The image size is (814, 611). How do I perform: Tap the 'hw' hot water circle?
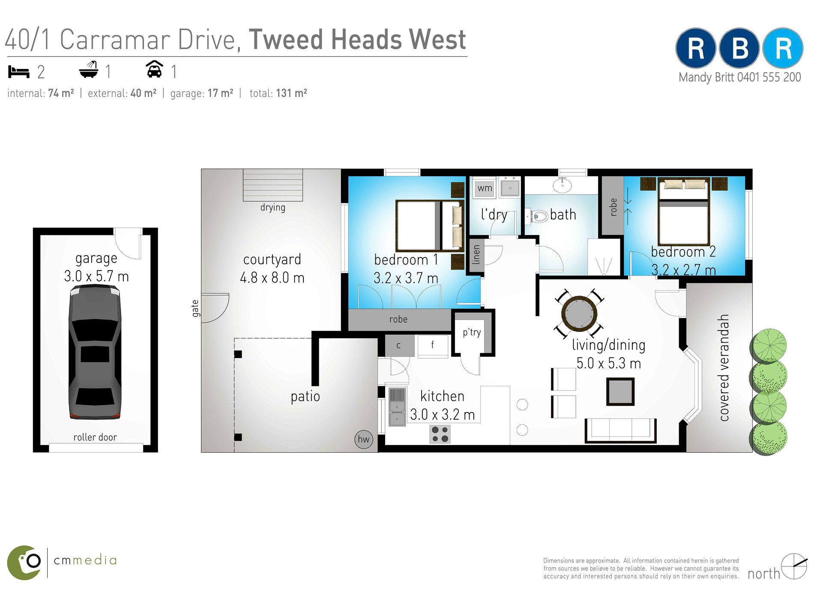pos(363,439)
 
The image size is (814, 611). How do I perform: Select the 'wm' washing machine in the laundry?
pos(485,188)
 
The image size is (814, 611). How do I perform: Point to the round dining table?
pos(579,313)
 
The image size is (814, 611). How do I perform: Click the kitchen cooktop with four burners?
pos(440,434)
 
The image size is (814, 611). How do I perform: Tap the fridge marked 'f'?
pos(433,345)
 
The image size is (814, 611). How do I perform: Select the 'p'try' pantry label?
pos(472,333)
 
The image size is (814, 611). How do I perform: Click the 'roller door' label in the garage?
pos(95,437)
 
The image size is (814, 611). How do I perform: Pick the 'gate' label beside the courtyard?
pos(195,308)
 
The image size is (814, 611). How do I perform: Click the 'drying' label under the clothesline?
pos(273,208)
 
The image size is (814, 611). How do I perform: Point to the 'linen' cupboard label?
pos(476,255)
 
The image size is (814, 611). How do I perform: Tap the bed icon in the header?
pos(19,72)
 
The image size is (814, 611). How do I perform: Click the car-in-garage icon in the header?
pos(155,69)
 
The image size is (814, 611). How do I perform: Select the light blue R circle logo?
pos(783,48)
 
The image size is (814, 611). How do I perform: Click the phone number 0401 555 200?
pos(769,78)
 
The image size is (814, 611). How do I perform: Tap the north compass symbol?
pos(793,566)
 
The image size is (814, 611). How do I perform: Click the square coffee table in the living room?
pos(620,392)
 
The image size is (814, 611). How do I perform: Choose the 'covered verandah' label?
pos(724,368)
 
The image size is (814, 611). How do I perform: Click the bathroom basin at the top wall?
pos(562,185)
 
